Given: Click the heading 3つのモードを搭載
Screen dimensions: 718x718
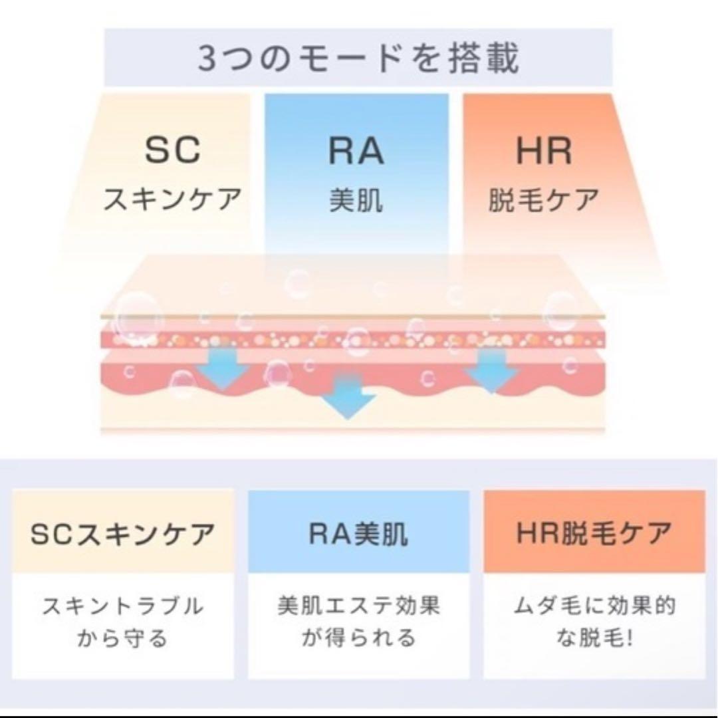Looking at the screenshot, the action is (358, 58).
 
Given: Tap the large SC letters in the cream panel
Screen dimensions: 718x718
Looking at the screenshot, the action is (173, 150).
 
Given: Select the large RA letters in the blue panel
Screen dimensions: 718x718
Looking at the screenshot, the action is (356, 151).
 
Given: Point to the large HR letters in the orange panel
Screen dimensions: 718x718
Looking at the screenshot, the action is (544, 151).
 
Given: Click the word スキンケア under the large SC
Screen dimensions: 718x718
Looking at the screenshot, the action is (172, 199).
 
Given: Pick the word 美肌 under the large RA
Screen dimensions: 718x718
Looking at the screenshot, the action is (356, 201).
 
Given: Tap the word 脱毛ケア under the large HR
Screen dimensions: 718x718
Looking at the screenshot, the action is (544, 201).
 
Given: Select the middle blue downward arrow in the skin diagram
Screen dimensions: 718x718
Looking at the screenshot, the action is (348, 395).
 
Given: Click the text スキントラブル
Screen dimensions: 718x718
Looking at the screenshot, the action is (123, 606).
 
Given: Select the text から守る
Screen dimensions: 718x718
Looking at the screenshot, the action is (122, 638).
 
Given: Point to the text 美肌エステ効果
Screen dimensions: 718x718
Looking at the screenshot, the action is (358, 606).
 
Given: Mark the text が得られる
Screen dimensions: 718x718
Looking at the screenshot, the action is (358, 638).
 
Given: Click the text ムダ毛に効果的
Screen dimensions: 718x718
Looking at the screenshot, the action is (594, 606).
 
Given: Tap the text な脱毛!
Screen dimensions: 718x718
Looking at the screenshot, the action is (594, 638).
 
